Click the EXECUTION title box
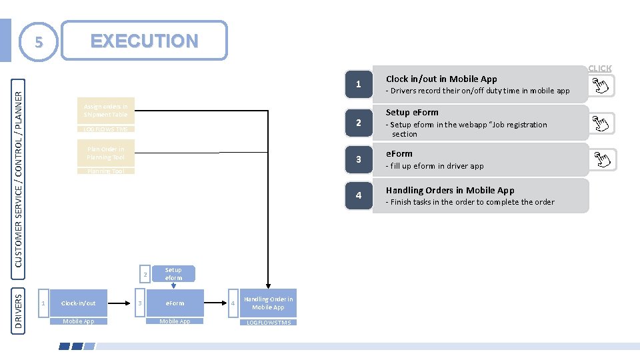pos(144,41)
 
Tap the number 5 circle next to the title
pos(39,42)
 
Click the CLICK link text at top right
pos(599,68)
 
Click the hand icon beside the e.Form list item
pos(604,160)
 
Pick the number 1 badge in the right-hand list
pos(359,85)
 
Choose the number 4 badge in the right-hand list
pos(359,195)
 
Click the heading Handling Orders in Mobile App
pos(450,190)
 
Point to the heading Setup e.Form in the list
pos(412,112)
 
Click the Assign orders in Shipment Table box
pos(106,110)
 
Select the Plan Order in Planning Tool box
pos(106,153)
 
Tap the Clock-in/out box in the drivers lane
pos(79,303)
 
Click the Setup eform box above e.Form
pos(173,273)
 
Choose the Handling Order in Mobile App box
pos(268,303)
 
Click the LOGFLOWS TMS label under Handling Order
pos(268,322)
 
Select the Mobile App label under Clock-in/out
pos(79,321)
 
